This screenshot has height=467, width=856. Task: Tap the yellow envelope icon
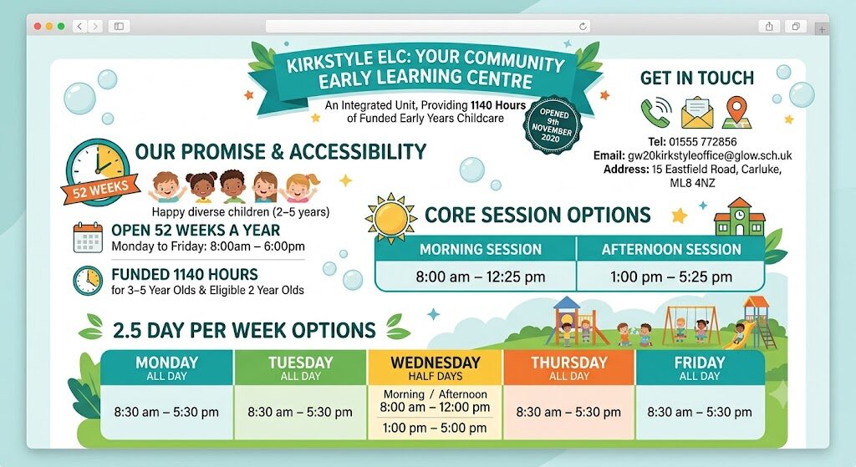696,113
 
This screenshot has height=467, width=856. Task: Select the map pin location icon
737,113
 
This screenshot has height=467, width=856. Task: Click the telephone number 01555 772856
702,142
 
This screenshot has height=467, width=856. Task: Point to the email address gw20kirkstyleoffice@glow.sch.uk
710,155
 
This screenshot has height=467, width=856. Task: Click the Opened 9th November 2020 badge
553,125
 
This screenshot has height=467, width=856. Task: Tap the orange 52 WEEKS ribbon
100,190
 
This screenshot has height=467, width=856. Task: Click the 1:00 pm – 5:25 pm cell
671,277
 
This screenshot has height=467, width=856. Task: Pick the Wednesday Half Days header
435,368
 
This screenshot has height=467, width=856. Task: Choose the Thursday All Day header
568,368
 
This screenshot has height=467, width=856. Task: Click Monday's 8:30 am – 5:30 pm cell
166,412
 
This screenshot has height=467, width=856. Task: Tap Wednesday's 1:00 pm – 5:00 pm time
435,428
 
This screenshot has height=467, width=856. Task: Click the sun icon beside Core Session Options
391,218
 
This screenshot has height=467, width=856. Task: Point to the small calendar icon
88,237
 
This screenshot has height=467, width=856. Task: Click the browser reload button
583,26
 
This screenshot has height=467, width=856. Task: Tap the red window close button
37,26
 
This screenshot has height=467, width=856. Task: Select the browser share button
769,26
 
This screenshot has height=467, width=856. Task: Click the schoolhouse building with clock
739,216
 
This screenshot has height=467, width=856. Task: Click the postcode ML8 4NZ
692,183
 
